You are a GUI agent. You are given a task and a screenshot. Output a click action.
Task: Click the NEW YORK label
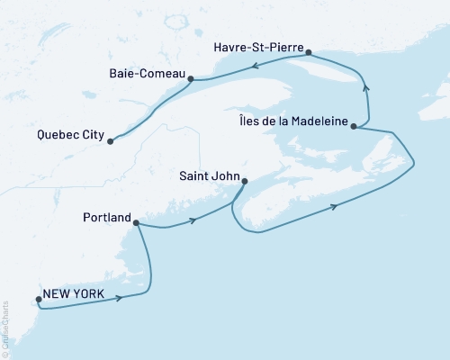click(x=76, y=295)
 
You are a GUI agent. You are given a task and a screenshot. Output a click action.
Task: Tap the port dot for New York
click(x=38, y=301)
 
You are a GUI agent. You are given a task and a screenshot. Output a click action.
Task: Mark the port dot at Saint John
click(x=244, y=181)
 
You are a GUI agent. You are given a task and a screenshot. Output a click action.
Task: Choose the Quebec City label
click(x=71, y=137)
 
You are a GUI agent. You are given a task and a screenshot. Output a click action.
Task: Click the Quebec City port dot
click(x=110, y=141)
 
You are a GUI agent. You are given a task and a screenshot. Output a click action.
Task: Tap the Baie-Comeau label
click(x=146, y=72)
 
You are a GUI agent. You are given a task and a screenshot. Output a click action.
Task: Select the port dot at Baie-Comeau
click(x=191, y=78)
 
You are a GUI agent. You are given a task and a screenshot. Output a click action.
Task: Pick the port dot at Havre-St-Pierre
click(x=309, y=53)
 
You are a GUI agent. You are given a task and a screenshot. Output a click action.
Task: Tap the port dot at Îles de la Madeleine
click(x=355, y=127)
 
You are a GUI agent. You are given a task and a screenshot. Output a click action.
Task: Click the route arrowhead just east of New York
click(x=119, y=298)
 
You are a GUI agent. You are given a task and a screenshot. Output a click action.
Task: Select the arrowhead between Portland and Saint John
click(x=192, y=220)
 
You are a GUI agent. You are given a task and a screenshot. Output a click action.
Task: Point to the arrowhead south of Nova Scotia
click(x=334, y=207)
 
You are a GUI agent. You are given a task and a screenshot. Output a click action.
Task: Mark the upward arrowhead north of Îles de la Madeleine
click(x=365, y=85)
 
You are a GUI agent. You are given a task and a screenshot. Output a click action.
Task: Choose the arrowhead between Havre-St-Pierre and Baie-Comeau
click(x=254, y=65)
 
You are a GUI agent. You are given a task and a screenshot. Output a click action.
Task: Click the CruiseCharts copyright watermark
click(x=6, y=329)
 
